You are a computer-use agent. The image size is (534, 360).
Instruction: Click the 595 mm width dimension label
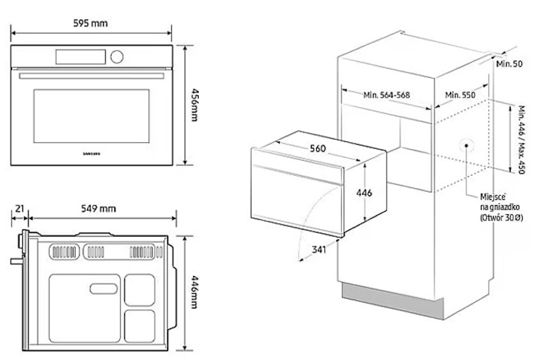[x=90, y=24]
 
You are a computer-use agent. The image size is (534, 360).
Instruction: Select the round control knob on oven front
[x=116, y=57]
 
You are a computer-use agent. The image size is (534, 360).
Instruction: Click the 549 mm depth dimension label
[x=99, y=208]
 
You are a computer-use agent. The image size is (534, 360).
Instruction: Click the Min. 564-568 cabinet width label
[x=387, y=95]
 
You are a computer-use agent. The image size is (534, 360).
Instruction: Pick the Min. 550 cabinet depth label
[x=461, y=95]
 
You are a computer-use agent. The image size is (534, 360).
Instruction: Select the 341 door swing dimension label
[x=320, y=249]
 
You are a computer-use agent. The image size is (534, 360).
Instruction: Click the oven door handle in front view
[x=90, y=76]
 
